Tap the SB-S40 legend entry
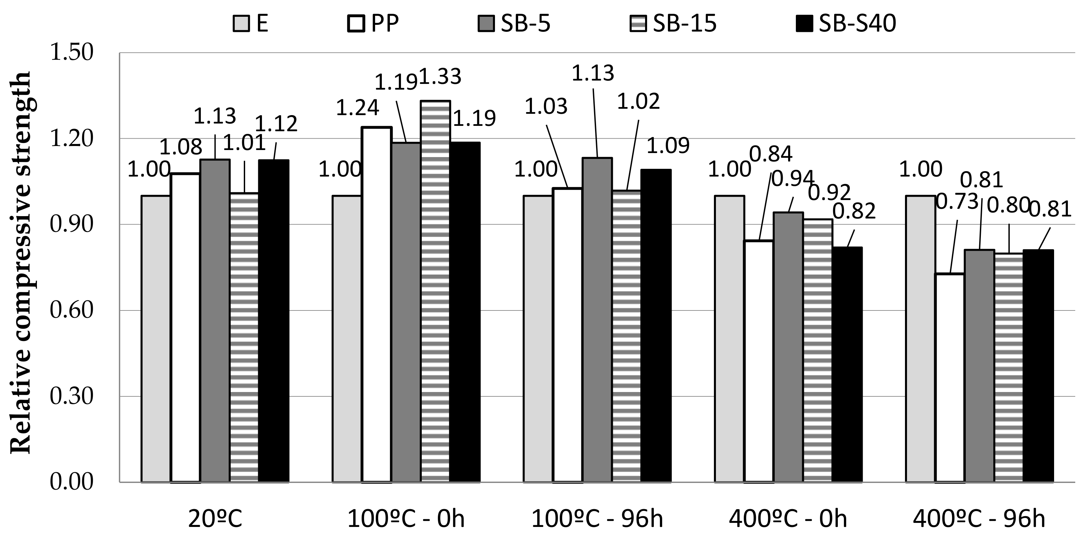pyautogui.click(x=846, y=23)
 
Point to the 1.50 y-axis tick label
pyautogui.click(x=71, y=53)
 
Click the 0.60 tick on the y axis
pyautogui.click(x=71, y=310)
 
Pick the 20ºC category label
pyautogui.click(x=215, y=519)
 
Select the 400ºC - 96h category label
pyautogui.click(x=979, y=519)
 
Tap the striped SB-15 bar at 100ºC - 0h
pyautogui.click(x=436, y=291)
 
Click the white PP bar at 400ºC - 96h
pyautogui.click(x=950, y=378)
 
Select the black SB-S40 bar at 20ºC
pyautogui.click(x=274, y=321)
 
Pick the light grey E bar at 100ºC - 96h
pyautogui.click(x=538, y=338)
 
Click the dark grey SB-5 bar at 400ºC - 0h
pyautogui.click(x=788, y=346)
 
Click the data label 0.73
pyautogui.click(x=957, y=202)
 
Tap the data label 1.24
pyautogui.click(x=357, y=108)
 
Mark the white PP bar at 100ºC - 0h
pyautogui.click(x=377, y=304)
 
